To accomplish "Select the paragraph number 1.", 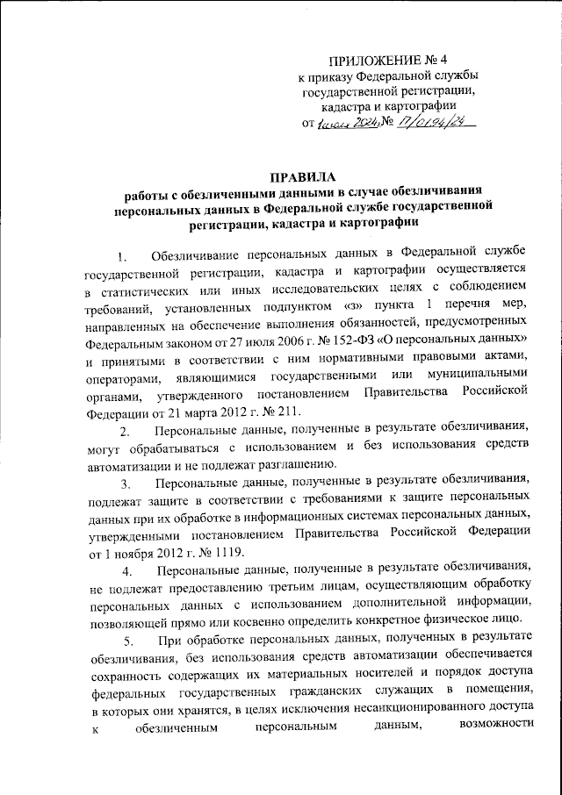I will coord(124,256).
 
